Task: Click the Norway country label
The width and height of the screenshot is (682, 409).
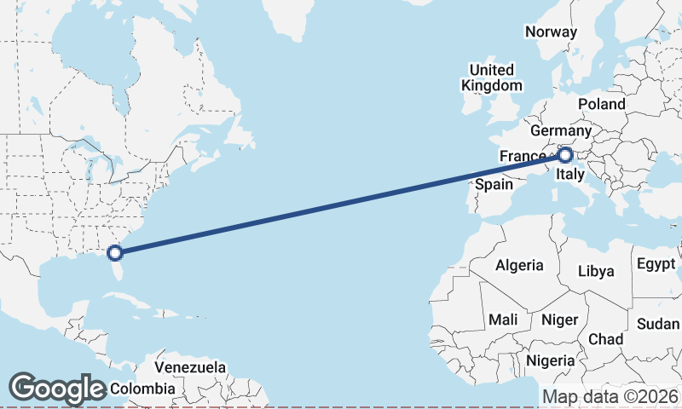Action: [x=552, y=32]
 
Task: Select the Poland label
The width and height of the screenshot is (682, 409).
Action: [x=601, y=104]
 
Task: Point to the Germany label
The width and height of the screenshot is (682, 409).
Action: [x=560, y=131]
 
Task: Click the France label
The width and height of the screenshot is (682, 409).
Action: [x=522, y=157]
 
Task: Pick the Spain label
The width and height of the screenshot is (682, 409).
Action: [x=494, y=184]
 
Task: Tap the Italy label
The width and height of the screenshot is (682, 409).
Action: [x=569, y=176]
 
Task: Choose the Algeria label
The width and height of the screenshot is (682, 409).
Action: [x=519, y=265]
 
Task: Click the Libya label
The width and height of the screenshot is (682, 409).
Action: [x=596, y=272]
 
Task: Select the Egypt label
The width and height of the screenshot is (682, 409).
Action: [x=656, y=264]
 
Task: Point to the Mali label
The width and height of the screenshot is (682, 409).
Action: [x=503, y=320]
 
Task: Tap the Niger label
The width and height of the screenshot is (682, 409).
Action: [x=560, y=320]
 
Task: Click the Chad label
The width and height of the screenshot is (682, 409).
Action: [x=606, y=339]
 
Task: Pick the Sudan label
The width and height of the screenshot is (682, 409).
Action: [x=658, y=324]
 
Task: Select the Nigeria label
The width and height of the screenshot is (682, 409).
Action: [x=551, y=360]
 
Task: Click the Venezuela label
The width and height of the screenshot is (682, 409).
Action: [x=191, y=368]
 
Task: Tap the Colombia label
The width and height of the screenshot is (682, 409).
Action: [x=142, y=389]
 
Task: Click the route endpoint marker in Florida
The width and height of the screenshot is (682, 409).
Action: [x=114, y=252]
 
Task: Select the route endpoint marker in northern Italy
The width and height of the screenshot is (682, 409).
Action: [x=564, y=155]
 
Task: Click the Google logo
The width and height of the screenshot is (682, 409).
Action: [x=57, y=389]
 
